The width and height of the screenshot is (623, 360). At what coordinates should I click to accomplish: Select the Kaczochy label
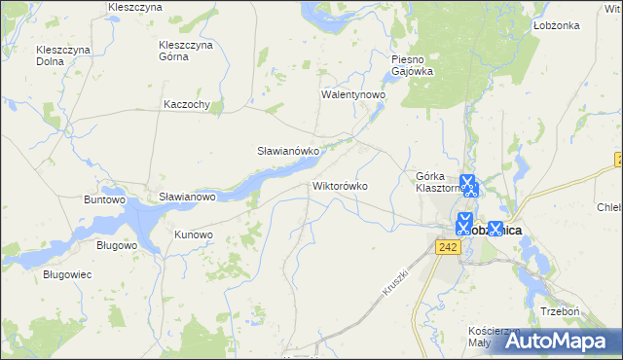pos(188,105)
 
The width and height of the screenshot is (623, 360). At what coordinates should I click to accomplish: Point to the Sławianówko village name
pos(282,152)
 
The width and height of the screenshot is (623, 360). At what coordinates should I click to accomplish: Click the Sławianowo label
pos(187,197)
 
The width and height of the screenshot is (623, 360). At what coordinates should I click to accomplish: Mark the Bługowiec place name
pos(67,275)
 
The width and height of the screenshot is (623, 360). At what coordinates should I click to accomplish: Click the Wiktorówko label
pos(340,185)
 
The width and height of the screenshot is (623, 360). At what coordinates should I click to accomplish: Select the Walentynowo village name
pos(354,96)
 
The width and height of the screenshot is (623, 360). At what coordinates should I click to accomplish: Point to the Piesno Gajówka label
pos(411,65)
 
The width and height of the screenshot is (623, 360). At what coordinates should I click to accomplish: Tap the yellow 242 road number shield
pos(447,249)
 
